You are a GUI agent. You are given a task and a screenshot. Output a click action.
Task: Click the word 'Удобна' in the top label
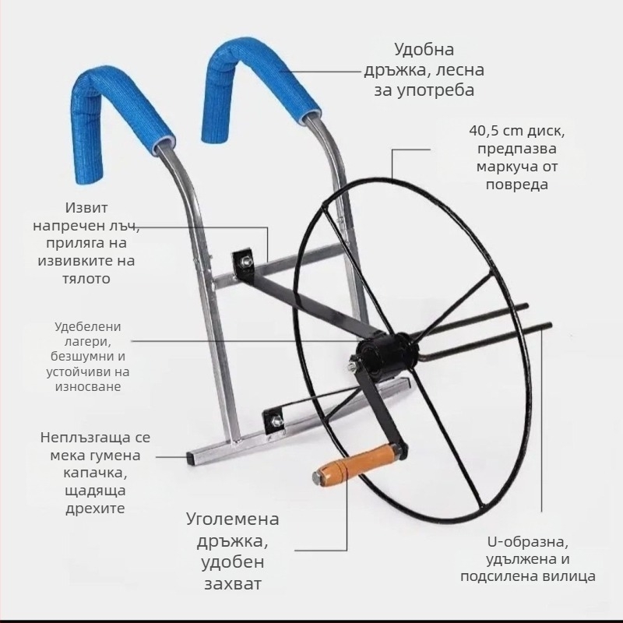click(424, 50)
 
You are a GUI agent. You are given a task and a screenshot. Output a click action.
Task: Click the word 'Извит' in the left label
click(86, 208)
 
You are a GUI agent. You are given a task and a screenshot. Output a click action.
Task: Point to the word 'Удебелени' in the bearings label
click(88, 326)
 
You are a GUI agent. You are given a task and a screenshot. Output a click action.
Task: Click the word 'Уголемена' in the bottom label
click(233, 519)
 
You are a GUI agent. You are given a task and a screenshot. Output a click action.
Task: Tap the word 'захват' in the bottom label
click(233, 583)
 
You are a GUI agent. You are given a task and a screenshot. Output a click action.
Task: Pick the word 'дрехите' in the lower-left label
click(95, 509)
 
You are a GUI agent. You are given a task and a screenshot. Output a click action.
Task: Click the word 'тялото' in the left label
click(86, 279)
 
